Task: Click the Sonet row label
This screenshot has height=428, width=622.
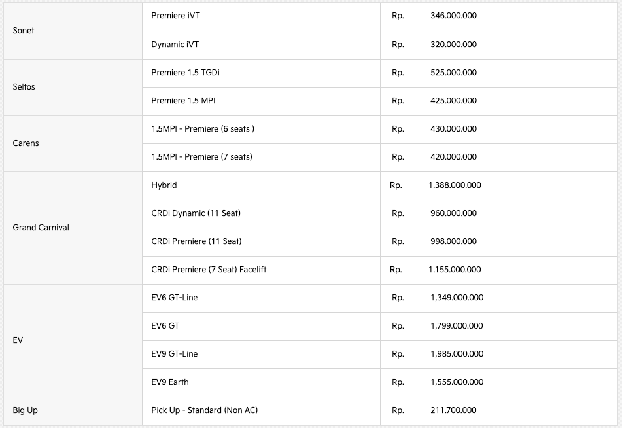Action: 24,31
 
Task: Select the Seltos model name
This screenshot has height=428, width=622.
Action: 25,87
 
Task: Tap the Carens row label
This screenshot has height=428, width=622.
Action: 26,143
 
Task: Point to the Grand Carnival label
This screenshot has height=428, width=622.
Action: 41,228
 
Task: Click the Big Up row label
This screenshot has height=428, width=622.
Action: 26,410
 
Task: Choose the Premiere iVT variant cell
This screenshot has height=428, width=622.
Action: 175,16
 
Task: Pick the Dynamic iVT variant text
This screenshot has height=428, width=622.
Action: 175,45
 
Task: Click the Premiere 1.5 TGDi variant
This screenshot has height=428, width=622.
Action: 185,73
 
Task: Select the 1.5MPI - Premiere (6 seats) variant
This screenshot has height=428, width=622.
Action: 203,129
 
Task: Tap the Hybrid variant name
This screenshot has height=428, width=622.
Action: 164,185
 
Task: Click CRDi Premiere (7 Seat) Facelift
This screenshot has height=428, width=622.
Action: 209,270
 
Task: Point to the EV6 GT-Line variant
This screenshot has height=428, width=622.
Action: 174,298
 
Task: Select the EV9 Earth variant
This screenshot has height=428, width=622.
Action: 170,382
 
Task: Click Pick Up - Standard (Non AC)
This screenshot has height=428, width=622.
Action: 204,410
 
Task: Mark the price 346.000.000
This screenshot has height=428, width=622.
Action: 453,16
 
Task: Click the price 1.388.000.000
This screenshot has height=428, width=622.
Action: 455,185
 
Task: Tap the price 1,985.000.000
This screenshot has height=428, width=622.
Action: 457,354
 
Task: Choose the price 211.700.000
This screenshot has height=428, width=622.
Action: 453,410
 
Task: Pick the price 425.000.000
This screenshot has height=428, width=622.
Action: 453,101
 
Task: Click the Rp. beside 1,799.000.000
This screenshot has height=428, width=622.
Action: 398,326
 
